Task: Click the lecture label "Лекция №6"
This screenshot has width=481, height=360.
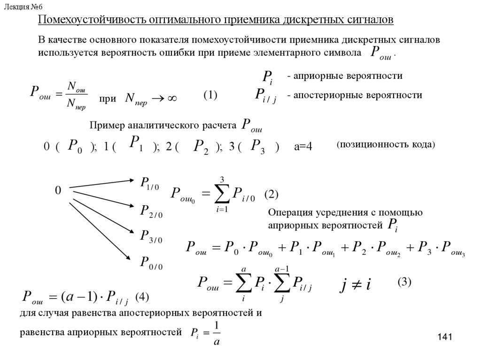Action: pyautogui.click(x=24, y=5)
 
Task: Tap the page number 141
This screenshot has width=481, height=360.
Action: pyautogui.click(x=444, y=337)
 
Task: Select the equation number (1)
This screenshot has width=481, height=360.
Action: pyautogui.click(x=210, y=95)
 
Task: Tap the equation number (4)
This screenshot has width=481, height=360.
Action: pyautogui.click(x=142, y=297)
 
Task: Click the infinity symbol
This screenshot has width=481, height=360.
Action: pyautogui.click(x=171, y=99)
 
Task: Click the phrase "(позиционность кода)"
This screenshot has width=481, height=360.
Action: pyautogui.click(x=386, y=145)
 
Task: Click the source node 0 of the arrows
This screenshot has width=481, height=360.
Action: pyautogui.click(x=58, y=191)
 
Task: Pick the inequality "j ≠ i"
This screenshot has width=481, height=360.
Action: pyautogui.click(x=355, y=284)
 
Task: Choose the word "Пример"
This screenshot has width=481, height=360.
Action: pyautogui.click(x=106, y=126)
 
